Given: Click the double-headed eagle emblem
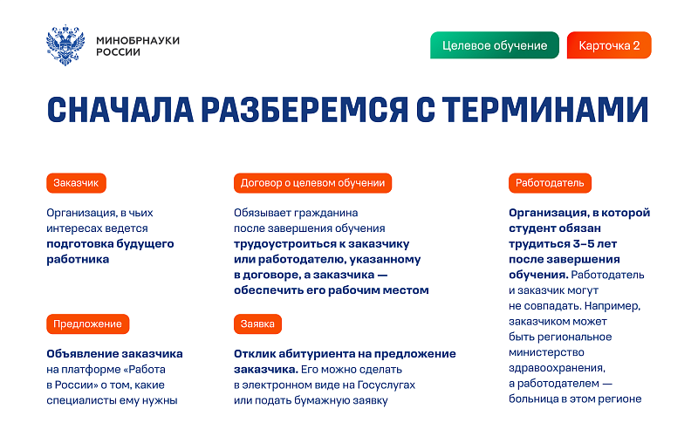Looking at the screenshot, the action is pos(65,45).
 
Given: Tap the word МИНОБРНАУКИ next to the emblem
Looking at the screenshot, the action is pos(138,40).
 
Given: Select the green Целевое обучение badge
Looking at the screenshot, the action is pos(495,45).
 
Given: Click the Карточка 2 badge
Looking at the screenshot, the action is pos(609,45).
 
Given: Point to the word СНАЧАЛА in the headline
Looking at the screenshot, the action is pos(120,110).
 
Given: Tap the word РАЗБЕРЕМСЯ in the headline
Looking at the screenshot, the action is pos(305,110).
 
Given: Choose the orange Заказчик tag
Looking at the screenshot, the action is pos(76,183).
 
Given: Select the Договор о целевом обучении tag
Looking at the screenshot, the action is pos(312,183).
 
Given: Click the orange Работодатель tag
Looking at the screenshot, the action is pos(550,183).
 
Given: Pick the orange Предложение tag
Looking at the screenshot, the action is pos(88,324).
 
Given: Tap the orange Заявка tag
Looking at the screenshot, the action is pos(257,324).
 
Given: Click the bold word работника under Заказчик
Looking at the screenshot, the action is pos(78,259).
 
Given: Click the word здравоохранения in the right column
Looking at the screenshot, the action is pos(557,368).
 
